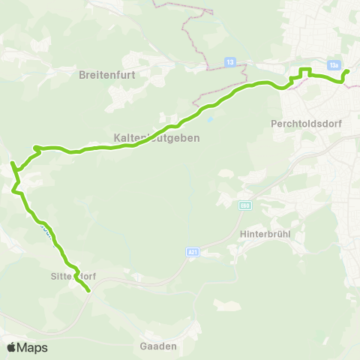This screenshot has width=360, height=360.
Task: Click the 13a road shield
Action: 334,65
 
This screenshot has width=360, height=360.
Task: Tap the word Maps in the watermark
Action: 33,347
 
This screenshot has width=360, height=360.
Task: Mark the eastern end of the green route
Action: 347,72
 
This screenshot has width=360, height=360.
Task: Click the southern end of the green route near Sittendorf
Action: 88,289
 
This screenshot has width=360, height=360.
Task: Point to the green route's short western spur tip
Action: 11,162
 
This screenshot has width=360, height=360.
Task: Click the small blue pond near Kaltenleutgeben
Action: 210,118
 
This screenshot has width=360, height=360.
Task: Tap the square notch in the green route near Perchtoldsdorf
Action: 304,72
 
